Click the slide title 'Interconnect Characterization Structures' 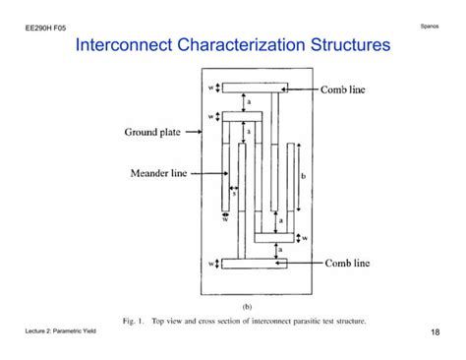point(233,45)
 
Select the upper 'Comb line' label point(342,89)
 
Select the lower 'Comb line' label point(342,263)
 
